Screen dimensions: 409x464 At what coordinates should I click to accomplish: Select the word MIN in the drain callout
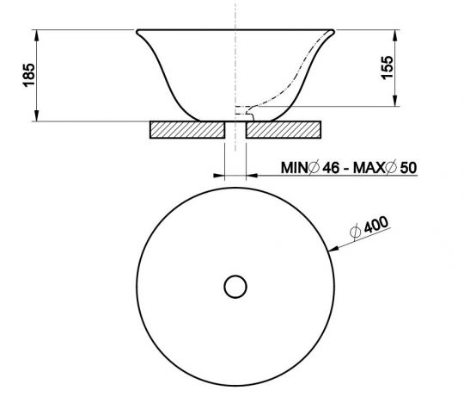pos(296,167)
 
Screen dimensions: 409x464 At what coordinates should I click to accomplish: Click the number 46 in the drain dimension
pos(330,167)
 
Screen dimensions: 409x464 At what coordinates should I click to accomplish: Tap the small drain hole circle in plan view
pos(235,286)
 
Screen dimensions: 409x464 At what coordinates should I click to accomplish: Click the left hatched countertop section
pos(186,131)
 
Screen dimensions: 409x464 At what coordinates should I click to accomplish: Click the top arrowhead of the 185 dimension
pos(37,35)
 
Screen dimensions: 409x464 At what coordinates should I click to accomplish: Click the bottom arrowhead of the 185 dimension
pos(37,117)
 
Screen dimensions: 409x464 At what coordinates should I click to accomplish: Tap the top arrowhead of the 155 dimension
pos(396,35)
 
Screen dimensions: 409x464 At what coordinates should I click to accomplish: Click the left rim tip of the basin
pos(137,33)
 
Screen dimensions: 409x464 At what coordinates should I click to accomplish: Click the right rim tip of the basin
pos(332,33)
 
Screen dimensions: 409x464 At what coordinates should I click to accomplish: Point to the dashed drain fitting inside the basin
pos(244,109)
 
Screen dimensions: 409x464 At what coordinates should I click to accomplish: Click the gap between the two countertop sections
pos(235,131)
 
